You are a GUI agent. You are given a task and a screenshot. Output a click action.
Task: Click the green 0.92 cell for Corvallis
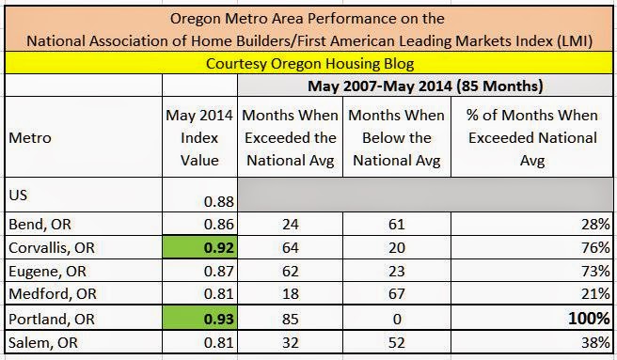point(200,247)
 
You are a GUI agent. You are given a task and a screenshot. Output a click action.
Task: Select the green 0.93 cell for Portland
point(200,319)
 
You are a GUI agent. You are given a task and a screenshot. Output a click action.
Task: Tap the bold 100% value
point(589,318)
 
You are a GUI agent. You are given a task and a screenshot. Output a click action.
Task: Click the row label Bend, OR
point(40,225)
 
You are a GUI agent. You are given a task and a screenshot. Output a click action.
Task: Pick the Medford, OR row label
point(53,293)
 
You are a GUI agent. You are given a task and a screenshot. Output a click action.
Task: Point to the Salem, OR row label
point(43,342)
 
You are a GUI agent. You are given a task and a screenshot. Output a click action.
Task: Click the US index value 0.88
point(219,201)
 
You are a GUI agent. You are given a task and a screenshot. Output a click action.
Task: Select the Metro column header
point(30,138)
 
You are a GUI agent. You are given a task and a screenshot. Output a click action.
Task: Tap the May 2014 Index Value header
point(199,138)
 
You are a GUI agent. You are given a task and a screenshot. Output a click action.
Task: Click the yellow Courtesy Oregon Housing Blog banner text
point(309,64)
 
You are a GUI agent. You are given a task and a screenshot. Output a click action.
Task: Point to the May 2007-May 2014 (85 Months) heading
point(425,86)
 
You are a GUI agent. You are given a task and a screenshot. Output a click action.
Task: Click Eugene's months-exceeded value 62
point(290,271)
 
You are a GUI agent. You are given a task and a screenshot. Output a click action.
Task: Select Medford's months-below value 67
point(397,293)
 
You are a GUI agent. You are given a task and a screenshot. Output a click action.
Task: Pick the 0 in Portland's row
point(397,319)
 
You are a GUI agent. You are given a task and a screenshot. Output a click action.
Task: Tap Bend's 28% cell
point(595,225)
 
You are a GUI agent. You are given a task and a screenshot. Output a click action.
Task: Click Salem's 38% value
point(595,342)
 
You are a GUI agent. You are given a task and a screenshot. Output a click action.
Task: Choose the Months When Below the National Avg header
point(397,138)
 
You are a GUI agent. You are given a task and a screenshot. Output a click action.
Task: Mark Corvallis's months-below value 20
point(397,247)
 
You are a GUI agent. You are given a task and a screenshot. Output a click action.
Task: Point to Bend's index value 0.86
point(219,225)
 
